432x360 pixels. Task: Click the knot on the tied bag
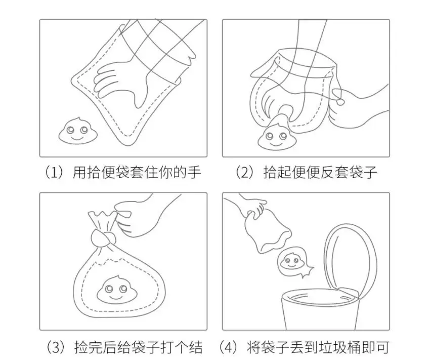coord(101,238)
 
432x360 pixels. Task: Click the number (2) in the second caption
coord(245,172)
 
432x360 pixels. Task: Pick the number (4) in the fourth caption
coord(229,347)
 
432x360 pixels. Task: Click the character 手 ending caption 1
coord(194,173)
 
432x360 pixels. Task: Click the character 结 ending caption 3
coord(196,347)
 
